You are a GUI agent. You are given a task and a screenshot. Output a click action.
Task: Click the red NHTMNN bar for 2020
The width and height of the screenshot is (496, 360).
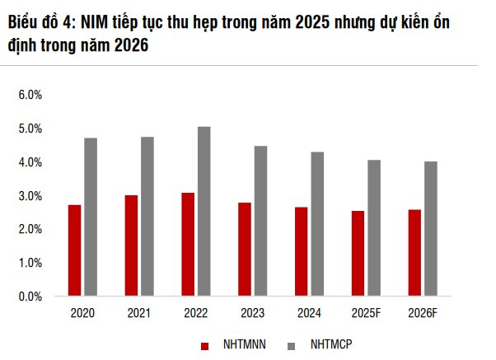[x=74, y=250]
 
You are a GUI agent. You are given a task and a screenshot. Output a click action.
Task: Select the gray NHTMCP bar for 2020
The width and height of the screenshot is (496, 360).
[x=91, y=217]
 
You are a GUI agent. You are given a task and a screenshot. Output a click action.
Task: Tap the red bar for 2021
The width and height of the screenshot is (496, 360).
[x=131, y=245]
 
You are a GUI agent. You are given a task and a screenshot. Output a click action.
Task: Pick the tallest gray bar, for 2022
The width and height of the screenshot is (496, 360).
[x=204, y=211]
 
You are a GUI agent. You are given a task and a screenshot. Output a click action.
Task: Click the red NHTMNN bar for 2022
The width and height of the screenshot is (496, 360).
[x=188, y=244]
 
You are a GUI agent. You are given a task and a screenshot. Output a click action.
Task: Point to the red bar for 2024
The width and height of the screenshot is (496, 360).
[x=301, y=251]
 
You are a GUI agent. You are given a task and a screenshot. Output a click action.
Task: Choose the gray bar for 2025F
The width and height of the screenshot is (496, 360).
[x=373, y=227]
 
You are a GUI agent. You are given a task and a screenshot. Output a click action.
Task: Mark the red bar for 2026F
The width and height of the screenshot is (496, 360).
[x=414, y=253]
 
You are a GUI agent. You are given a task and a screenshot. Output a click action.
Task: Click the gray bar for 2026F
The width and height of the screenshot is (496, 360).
[x=430, y=228]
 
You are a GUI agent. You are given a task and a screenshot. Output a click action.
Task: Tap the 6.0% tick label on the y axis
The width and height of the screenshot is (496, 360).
[x=30, y=95]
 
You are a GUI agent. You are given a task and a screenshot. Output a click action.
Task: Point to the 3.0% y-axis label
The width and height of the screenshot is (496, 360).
[x=30, y=196]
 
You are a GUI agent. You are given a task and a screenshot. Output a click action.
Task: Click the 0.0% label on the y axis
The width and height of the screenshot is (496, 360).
[x=30, y=297]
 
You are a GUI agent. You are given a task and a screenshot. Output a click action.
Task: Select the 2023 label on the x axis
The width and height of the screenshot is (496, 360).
[x=252, y=314]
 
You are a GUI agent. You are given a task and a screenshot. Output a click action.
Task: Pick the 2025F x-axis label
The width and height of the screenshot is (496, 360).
[x=365, y=314]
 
